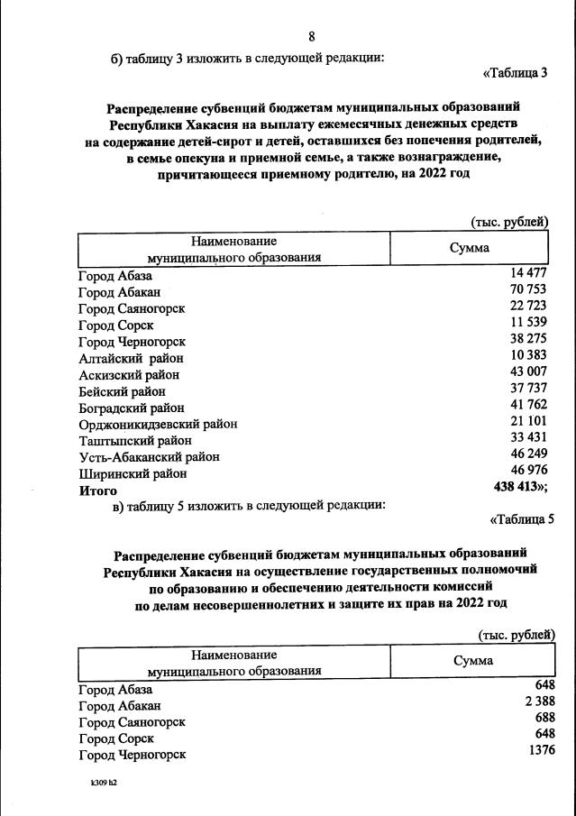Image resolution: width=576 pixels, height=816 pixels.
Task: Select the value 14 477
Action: (528, 274)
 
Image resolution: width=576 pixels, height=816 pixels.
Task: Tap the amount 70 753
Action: (528, 290)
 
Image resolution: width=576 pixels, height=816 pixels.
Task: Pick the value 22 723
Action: (528, 307)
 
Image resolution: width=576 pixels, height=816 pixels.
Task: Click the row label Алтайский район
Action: (123, 358)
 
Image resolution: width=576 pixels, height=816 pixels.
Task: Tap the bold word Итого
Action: (98, 491)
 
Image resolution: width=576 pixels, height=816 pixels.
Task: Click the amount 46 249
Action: (529, 456)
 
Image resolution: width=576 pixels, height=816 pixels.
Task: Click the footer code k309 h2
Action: (104, 784)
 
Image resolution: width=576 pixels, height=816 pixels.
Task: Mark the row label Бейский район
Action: (122, 391)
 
